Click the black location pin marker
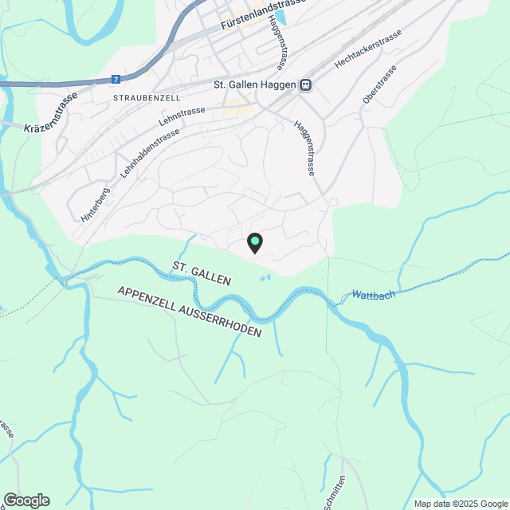point(255,242)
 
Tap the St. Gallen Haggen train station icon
point(305,85)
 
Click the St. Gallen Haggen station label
point(253,85)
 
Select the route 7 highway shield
point(116,80)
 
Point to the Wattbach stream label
point(373,296)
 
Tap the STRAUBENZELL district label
point(147,97)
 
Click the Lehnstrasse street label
point(182,116)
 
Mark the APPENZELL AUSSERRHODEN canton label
point(189,312)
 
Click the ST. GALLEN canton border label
point(201,273)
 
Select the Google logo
point(25,500)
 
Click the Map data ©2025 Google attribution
point(460,504)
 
